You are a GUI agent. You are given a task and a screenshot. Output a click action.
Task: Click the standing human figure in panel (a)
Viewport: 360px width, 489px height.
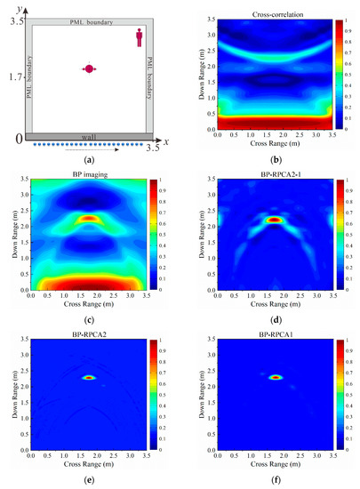(140, 36)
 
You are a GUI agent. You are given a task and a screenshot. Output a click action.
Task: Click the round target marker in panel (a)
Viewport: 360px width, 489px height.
(89, 69)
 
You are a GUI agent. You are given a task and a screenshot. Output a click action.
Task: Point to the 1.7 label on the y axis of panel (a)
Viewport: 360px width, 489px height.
(12, 77)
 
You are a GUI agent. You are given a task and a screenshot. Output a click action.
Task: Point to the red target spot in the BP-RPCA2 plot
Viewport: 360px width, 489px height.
(89, 377)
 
